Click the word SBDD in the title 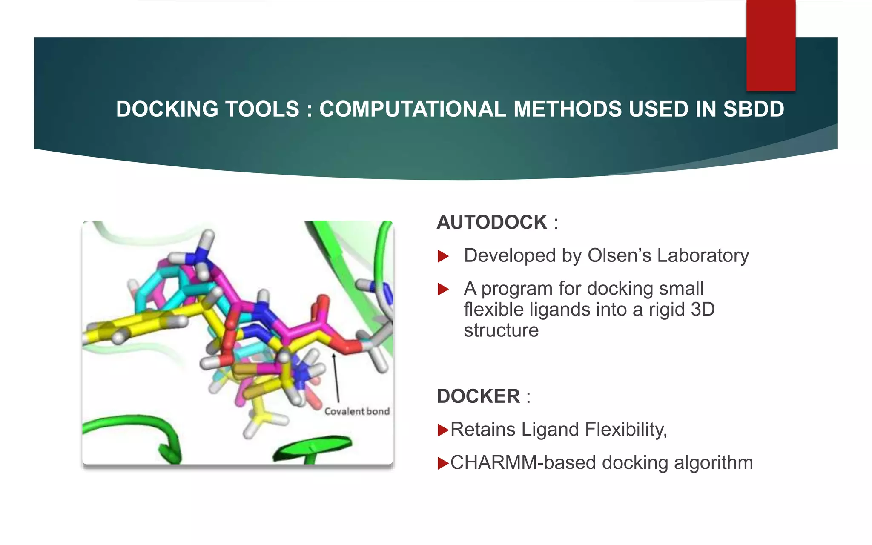click(x=754, y=109)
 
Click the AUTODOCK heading click(x=492, y=222)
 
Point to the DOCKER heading click(x=478, y=396)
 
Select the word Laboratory click(x=703, y=255)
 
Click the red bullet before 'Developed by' click(x=443, y=256)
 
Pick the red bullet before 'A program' click(x=443, y=290)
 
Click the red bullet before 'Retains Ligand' click(x=443, y=430)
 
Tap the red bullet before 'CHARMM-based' click(x=443, y=463)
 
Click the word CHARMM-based click(x=523, y=463)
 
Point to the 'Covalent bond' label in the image click(x=357, y=411)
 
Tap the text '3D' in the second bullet click(x=703, y=310)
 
